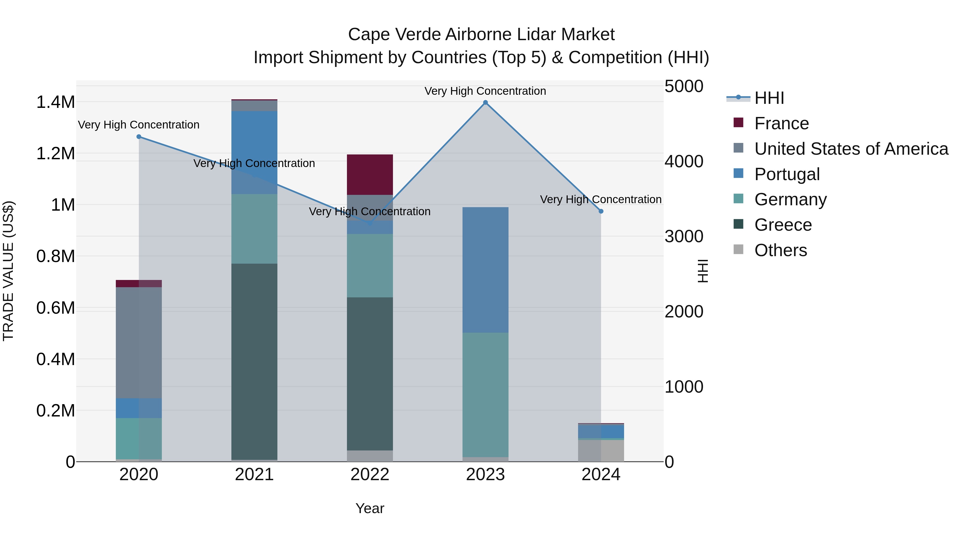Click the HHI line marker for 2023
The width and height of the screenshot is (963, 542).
click(x=485, y=103)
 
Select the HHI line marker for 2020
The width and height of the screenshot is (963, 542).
click(x=139, y=137)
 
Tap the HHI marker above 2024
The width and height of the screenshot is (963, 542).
click(x=601, y=211)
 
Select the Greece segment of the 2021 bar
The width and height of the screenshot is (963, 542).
click(x=254, y=361)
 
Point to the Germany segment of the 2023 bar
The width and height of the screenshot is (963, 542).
click(x=485, y=395)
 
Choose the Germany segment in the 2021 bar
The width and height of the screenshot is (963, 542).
click(x=254, y=229)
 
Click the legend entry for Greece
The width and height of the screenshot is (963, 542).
click(x=783, y=225)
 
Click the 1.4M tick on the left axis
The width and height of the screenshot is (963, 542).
click(x=55, y=102)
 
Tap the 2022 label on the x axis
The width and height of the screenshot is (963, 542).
click(x=370, y=475)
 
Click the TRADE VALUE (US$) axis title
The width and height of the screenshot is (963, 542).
click(x=8, y=271)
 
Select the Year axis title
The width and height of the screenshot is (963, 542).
click(x=370, y=508)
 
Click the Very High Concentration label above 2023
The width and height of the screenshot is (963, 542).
click(x=485, y=91)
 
